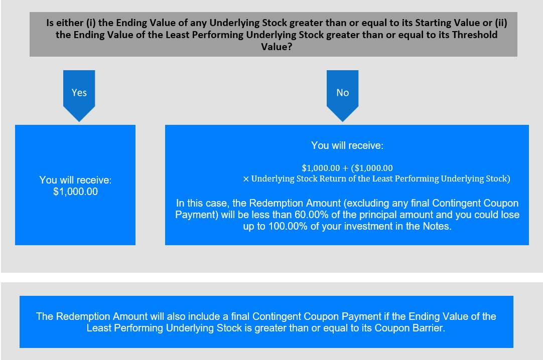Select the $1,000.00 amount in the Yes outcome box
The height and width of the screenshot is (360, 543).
pos(75,192)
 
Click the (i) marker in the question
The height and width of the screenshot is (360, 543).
pos(91,23)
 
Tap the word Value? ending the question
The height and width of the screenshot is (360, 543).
pos(277,47)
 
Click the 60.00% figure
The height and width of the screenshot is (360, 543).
pos(311,215)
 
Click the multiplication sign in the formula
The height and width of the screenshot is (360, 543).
pos(246,179)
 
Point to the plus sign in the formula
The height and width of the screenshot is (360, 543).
pos(345,168)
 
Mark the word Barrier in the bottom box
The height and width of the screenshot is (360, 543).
pos(429,328)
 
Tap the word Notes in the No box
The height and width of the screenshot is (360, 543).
pos(437,227)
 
